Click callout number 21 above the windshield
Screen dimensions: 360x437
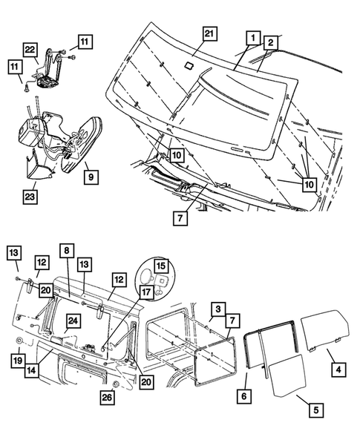click(x=210, y=34)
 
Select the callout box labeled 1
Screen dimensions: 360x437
click(x=253, y=38)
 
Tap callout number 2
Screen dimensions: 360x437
click(x=270, y=43)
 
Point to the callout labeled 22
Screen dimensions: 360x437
click(x=30, y=50)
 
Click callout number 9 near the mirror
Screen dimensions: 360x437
click(x=91, y=177)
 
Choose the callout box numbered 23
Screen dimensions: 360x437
click(x=30, y=197)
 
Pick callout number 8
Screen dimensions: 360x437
click(x=67, y=250)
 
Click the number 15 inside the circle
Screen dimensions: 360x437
click(x=161, y=266)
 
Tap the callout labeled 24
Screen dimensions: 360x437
click(x=73, y=321)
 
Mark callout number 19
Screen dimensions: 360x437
click(x=18, y=361)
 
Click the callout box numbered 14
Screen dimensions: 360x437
click(x=32, y=370)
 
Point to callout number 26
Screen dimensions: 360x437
click(x=107, y=397)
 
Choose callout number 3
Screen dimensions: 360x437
click(x=218, y=309)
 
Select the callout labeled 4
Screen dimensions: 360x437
click(x=338, y=369)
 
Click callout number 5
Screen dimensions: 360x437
click(x=316, y=410)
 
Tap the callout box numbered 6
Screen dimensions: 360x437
click(x=244, y=395)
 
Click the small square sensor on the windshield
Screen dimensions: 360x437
click(x=189, y=65)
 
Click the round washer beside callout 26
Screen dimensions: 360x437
click(x=114, y=385)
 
